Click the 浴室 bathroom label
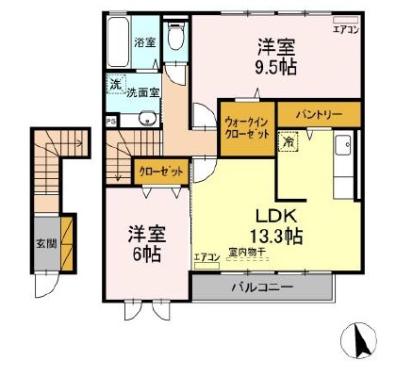144,42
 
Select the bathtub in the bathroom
117,43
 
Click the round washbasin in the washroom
147,118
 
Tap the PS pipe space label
111,121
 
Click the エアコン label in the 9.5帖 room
346,30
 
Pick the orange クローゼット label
159,172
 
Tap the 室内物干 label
245,252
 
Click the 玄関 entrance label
46,242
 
